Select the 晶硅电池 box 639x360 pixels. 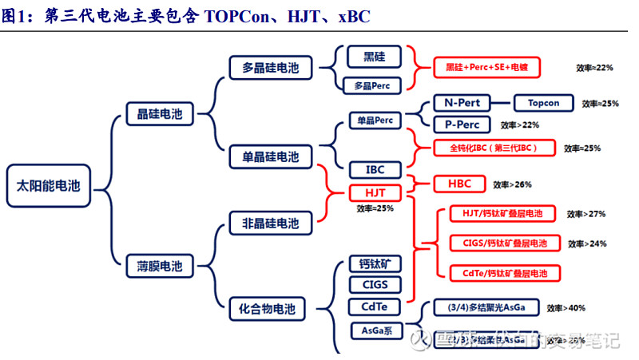click(155, 114)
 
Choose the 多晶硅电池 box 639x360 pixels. click(271, 68)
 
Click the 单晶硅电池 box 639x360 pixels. click(271, 156)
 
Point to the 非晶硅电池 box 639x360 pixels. click(271, 223)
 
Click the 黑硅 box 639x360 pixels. click(374, 56)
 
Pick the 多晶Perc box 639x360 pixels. click(374, 85)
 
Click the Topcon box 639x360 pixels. click(543, 104)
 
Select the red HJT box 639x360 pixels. click(375, 193)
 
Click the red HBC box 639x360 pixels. click(458, 184)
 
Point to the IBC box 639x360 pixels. click(375, 170)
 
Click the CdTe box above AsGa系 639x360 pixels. click(375, 307)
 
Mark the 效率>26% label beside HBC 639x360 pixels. click(512, 184)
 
